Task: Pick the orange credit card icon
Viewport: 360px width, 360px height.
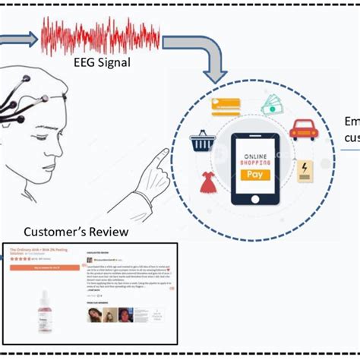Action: (x=226, y=106)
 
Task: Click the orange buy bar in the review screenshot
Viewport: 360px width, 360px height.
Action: (x=44, y=267)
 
